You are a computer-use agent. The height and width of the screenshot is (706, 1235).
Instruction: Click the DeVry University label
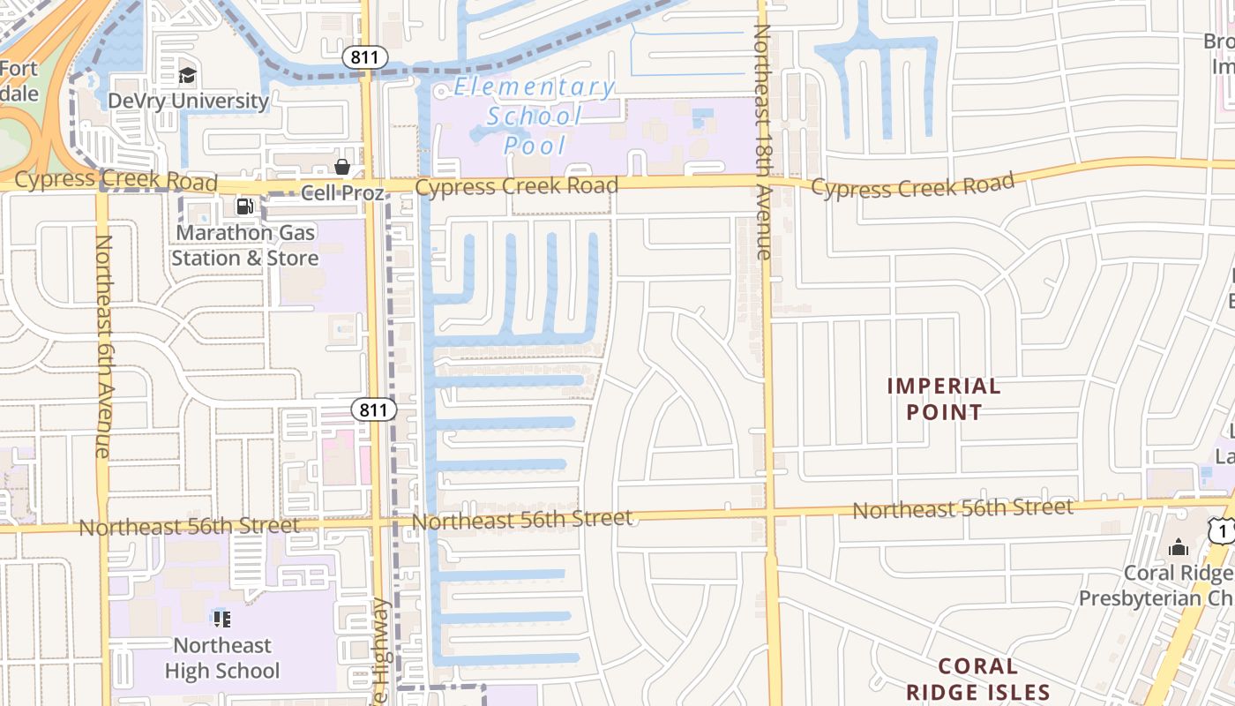[x=188, y=101]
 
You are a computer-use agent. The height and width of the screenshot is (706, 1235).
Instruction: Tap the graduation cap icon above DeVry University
[x=187, y=75]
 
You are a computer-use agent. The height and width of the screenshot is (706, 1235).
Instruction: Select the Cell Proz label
[x=342, y=192]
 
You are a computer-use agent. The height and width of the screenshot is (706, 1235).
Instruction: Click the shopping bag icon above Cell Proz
[x=342, y=167]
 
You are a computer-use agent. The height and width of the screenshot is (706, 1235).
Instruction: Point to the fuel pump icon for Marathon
[x=244, y=207]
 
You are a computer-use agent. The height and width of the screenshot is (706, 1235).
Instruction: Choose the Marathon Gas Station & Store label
[x=244, y=245]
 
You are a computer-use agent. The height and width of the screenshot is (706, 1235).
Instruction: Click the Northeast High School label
[x=222, y=658]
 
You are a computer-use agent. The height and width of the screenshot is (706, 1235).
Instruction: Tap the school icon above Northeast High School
[x=221, y=619]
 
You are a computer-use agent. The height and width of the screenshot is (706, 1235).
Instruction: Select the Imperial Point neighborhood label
[x=943, y=399]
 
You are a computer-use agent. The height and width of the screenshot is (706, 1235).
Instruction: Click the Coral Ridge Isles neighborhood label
[x=977, y=679]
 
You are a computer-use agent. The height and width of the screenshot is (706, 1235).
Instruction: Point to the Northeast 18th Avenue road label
[x=762, y=141]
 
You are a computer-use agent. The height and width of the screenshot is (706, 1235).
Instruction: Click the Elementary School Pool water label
[x=535, y=116]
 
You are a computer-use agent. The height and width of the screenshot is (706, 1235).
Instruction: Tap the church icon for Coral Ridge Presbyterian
[x=1178, y=547]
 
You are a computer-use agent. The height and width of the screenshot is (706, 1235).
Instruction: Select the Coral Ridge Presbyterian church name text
[x=1156, y=586]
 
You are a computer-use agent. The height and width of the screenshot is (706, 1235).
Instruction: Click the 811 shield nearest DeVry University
[x=365, y=58]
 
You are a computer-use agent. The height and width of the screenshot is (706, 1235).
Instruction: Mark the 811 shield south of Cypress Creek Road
[x=374, y=409]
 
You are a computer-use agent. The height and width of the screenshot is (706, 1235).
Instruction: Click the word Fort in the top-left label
[x=18, y=69]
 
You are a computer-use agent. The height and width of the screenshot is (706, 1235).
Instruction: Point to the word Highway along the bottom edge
[x=381, y=653]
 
